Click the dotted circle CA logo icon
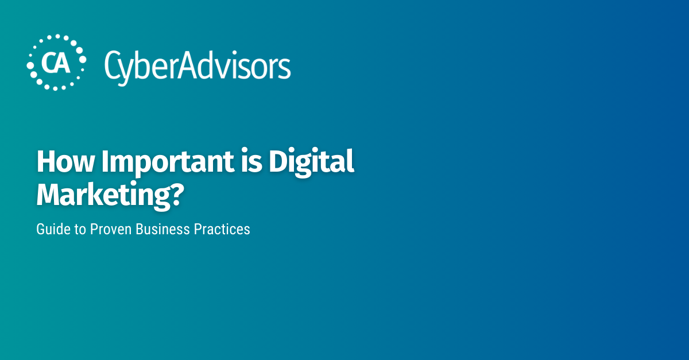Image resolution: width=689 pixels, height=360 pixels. point(56,63)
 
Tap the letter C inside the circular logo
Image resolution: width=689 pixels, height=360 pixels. point(49,63)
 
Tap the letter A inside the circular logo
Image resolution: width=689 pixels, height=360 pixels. point(63,63)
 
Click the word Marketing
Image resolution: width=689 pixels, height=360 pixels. point(104,196)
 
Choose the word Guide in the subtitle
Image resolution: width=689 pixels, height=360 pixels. point(51,229)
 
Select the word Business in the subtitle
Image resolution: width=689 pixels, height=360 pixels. point(164,229)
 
